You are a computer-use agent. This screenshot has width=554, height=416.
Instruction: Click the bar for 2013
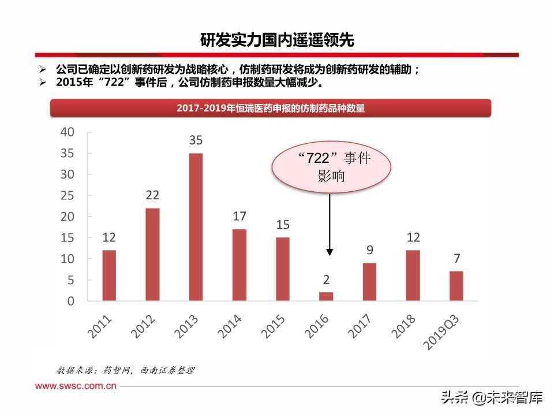(196, 226)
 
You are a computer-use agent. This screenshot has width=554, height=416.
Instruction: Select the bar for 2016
(326, 296)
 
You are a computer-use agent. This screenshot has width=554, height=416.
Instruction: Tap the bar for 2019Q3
(456, 286)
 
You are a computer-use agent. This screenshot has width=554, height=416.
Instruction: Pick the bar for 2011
(109, 275)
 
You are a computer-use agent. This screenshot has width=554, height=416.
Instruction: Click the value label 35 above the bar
(196, 140)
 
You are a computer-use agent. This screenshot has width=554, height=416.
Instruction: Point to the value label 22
(152, 195)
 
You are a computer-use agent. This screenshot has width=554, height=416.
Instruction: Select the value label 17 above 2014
(239, 217)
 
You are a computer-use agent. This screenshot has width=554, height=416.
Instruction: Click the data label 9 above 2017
(369, 250)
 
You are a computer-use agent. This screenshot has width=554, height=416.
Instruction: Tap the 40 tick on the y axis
(67, 132)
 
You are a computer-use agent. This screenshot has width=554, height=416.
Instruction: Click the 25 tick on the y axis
(67, 196)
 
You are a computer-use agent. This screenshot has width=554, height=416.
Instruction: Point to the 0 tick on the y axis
(70, 302)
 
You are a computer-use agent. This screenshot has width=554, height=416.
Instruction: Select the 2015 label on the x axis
(274, 326)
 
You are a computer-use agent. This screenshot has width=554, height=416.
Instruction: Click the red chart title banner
(271, 108)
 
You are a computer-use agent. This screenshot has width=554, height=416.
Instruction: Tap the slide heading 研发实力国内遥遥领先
(276, 40)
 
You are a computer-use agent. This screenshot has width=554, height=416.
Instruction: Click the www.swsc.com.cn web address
(76, 385)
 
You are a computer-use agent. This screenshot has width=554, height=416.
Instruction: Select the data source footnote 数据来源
(125, 370)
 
